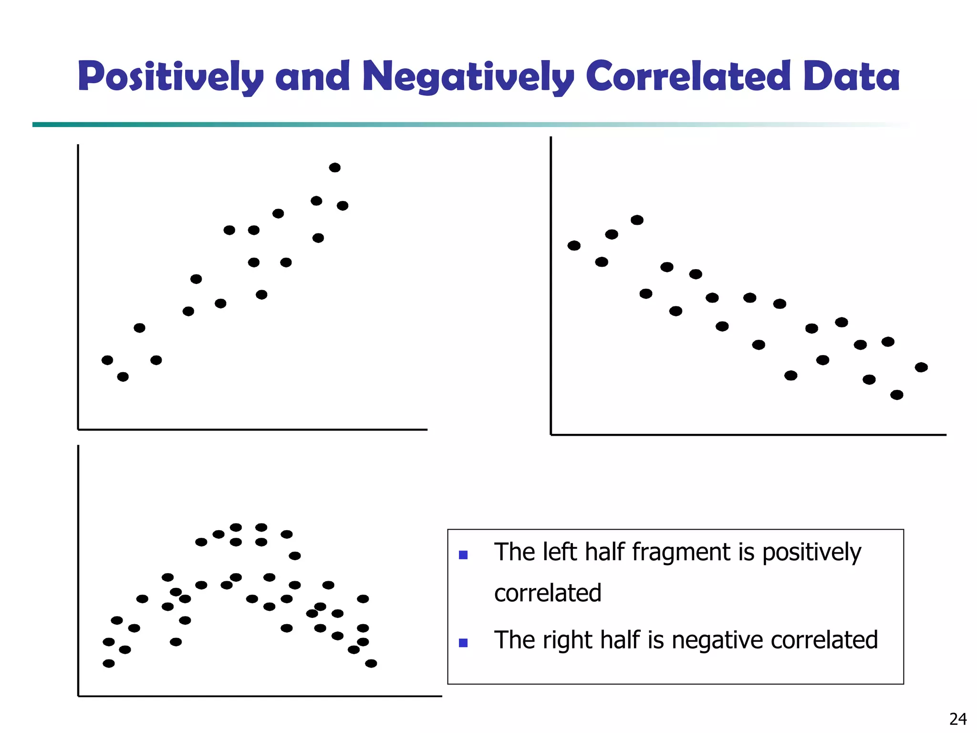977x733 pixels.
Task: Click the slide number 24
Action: (958, 719)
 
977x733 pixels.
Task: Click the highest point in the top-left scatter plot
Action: (335, 168)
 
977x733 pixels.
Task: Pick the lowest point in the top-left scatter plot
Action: (123, 377)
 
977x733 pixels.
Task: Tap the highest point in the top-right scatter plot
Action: (637, 220)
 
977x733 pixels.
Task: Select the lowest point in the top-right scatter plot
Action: (897, 395)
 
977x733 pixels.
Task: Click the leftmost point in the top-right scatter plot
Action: (574, 245)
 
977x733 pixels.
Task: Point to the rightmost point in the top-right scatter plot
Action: (921, 367)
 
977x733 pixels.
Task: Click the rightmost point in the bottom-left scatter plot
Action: (371, 663)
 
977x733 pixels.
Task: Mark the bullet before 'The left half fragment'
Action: (463, 555)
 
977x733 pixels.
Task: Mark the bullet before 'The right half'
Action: (463, 643)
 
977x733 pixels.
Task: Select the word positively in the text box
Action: (811, 552)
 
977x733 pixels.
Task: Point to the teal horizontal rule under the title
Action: (334, 125)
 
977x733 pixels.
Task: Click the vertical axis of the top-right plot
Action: (551, 286)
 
